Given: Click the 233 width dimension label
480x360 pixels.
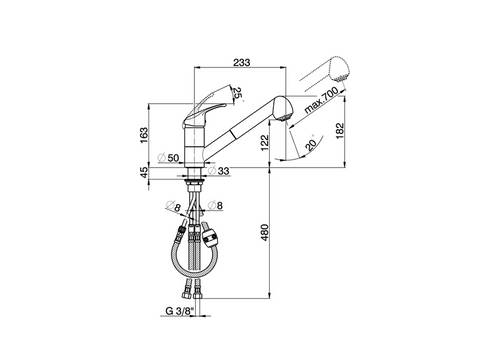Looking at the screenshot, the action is pos(242,62).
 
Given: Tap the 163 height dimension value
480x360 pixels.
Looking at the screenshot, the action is pos(144,135).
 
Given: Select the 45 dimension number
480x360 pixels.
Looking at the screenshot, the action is pos(144,172).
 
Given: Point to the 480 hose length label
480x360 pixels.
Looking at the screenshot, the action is pos(264,233).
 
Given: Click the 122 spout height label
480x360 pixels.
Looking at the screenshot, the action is pos(264,142).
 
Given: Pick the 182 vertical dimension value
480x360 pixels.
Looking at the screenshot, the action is pos(340,131).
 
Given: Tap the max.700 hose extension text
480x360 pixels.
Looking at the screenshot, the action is pos(321,99).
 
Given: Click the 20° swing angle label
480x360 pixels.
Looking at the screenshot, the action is pos(311,144).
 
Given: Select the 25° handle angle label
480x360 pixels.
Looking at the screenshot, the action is pos(237,93).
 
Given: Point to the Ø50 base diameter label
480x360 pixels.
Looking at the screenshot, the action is pos(168,157).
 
